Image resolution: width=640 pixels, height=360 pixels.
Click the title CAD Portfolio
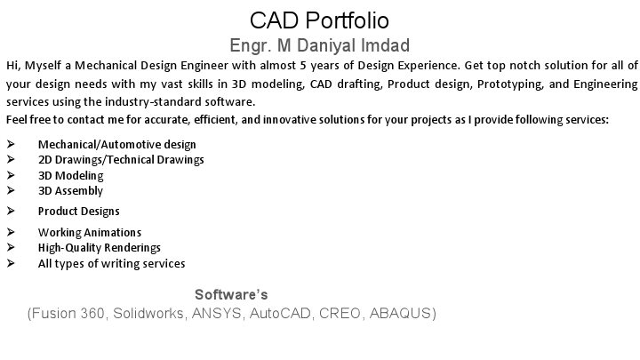[319, 20]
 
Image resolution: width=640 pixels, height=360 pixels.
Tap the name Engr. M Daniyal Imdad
[320, 45]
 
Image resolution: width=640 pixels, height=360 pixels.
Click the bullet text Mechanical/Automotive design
[116, 144]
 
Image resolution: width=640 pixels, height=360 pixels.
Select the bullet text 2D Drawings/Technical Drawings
[121, 159]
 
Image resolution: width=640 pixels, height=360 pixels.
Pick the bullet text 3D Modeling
[71, 175]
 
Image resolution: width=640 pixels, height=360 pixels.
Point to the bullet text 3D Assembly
[70, 190]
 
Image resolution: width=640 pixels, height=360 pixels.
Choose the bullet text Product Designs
[78, 211]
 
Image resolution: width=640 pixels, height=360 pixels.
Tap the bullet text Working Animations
[89, 233]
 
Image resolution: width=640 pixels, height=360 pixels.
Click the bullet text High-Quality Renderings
[99, 248]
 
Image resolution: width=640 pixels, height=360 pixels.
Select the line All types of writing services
[111, 263]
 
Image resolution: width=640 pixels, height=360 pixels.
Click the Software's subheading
[231, 294]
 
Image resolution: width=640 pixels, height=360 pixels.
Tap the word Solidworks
[149, 314]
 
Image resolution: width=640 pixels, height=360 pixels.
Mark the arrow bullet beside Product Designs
[10, 211]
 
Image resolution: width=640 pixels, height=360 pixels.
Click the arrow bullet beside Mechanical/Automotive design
[10, 144]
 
